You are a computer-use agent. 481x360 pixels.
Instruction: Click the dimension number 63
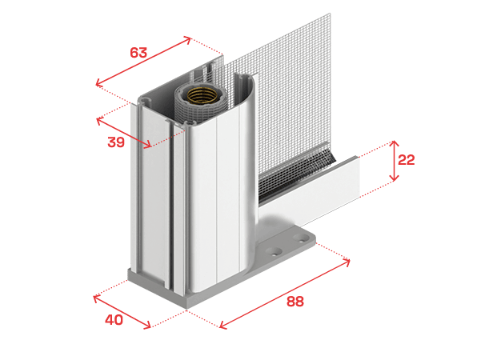click(x=138, y=53)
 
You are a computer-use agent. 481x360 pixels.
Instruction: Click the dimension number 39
click(x=116, y=142)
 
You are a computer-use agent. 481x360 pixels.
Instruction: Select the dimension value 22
click(x=406, y=160)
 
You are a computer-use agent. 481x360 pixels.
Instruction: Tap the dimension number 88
click(x=295, y=302)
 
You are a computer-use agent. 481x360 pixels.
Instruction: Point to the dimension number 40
click(x=114, y=320)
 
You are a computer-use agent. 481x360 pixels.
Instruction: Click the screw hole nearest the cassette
click(x=274, y=252)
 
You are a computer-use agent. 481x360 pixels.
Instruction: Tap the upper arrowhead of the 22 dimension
click(x=394, y=143)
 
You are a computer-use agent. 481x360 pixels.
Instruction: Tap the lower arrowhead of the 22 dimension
click(x=394, y=178)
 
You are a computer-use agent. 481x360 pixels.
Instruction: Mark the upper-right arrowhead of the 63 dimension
click(x=187, y=39)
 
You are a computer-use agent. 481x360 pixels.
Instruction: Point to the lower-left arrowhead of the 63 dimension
click(x=99, y=82)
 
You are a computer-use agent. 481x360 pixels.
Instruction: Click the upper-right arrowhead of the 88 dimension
click(x=347, y=262)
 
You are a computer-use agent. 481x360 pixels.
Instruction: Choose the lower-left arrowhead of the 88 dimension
click(x=223, y=326)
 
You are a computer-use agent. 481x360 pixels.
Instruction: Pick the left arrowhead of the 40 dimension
click(x=97, y=298)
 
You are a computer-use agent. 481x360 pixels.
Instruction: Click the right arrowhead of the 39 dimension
click(x=148, y=145)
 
